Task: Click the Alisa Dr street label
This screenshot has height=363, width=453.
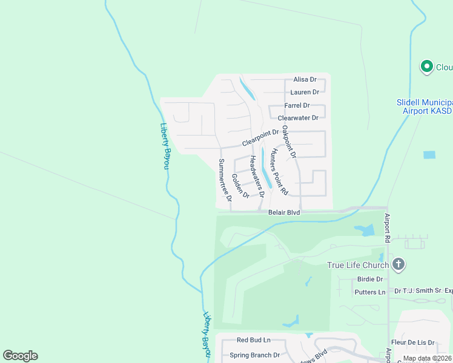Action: (305, 79)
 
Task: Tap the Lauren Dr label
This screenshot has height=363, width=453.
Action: (305, 92)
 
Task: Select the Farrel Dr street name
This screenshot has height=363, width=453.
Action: (297, 105)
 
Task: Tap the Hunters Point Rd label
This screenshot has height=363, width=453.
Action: (279, 171)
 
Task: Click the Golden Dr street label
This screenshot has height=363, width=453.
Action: (240, 186)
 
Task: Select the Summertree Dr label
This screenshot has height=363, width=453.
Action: (225, 180)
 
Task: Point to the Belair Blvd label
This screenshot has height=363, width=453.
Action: (284, 212)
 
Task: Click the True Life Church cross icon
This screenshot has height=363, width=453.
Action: (398, 264)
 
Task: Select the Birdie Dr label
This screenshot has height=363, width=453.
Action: (371, 279)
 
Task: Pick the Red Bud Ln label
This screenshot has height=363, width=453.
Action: (253, 340)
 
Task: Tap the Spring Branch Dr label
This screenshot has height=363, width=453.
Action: (254, 355)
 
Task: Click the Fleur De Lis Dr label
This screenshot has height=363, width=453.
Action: (414, 342)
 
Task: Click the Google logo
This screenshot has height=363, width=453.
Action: (20, 356)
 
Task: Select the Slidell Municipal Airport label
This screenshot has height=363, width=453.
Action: (425, 107)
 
